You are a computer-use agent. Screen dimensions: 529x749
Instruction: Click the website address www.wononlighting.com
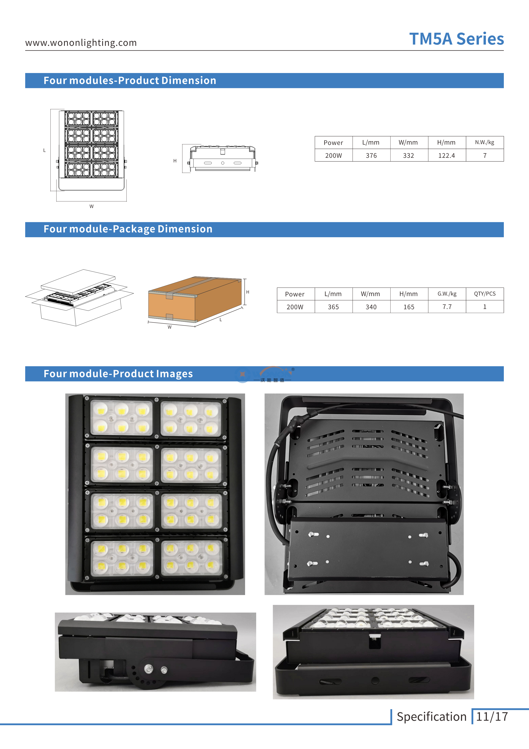pos(81,43)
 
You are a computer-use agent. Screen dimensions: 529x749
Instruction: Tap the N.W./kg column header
pos(485,142)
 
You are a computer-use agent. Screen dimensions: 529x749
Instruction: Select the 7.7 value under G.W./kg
pos(447,307)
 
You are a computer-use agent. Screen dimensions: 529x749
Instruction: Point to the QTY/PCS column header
pos(485,294)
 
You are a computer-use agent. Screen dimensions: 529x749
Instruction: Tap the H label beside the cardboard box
pos(248,292)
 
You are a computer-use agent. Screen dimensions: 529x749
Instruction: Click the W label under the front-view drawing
pos(92,206)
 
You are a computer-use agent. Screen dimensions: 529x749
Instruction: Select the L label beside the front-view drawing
pos(44,150)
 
